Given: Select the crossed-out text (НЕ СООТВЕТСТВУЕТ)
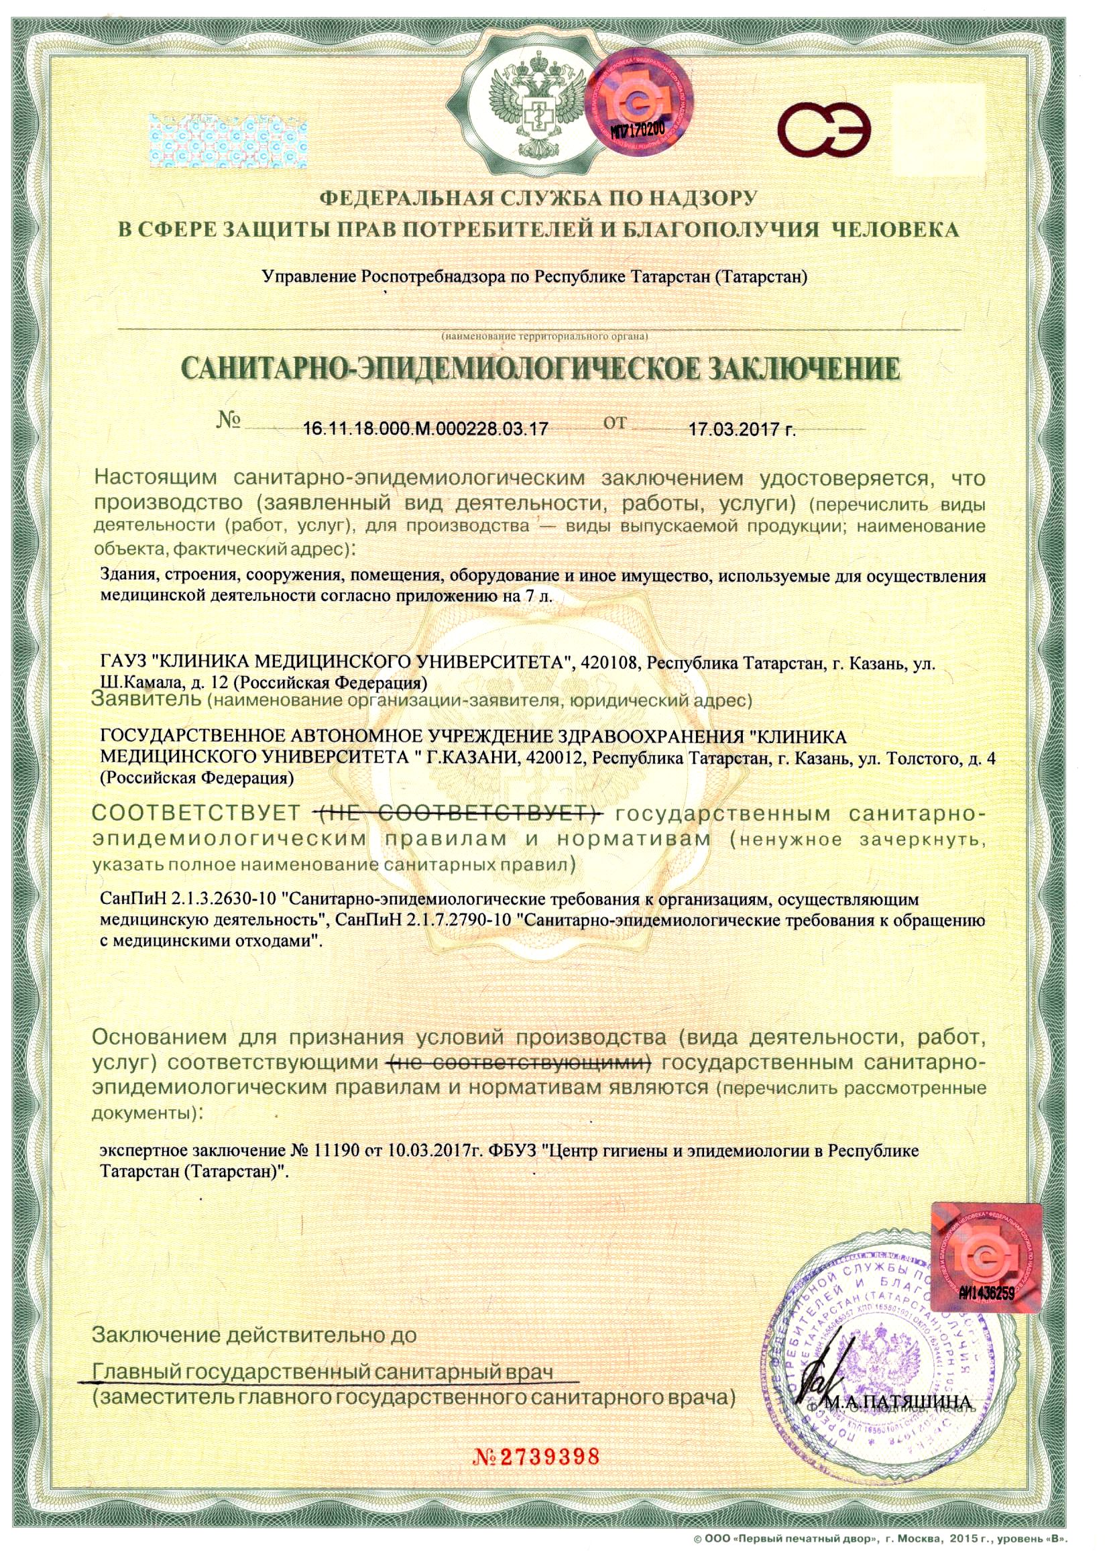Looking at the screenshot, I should point(457,814).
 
